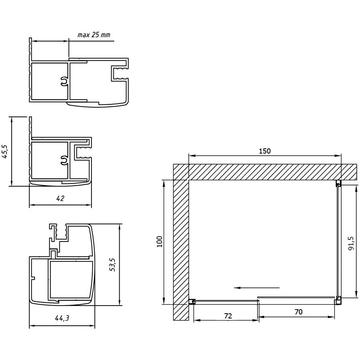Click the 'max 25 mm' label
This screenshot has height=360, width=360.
point(94,35)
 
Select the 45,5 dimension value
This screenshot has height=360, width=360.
point(5,151)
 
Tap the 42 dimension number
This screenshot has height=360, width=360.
point(60,198)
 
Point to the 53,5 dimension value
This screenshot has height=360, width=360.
point(112,264)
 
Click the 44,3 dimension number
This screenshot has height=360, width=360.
point(62,318)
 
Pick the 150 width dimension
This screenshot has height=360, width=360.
point(265,151)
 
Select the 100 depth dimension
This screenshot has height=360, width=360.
point(160,241)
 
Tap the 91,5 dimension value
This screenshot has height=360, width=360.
point(351,243)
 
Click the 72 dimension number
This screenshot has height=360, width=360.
point(228,316)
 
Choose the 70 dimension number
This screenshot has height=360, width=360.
point(298,312)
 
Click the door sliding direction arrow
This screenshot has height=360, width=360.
point(257,287)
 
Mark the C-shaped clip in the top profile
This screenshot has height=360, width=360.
point(65,81)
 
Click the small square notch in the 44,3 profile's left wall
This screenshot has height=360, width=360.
point(32,278)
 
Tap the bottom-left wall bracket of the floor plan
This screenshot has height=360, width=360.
point(192,302)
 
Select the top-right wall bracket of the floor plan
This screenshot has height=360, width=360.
point(338,183)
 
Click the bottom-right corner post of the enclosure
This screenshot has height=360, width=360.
point(338,300)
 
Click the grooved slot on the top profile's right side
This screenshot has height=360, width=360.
point(120,73)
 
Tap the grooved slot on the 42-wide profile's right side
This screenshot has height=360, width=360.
point(83,152)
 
